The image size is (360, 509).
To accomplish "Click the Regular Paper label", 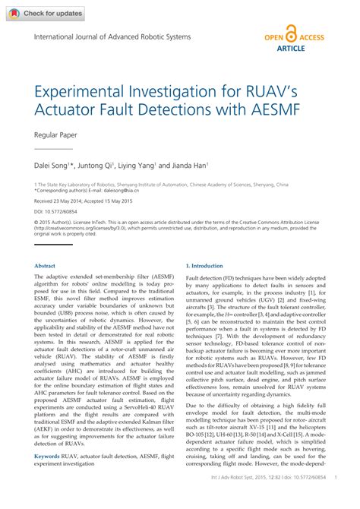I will (56, 134).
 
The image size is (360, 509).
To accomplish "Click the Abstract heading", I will (45, 265).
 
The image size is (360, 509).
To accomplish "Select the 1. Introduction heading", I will (207, 266).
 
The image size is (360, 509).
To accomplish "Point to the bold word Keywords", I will (47, 456).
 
